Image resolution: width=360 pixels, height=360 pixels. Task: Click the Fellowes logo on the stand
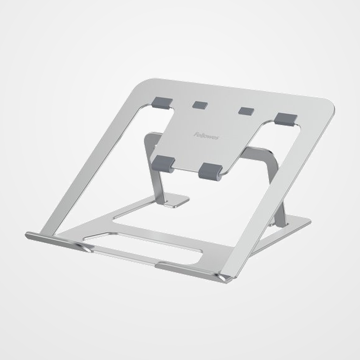206,136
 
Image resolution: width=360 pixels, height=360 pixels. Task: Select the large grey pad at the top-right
286,118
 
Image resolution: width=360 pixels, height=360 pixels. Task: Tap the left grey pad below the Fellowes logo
163,163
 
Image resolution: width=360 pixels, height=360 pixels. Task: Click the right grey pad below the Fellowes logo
210,171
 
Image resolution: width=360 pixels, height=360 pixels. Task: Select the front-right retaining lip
193,271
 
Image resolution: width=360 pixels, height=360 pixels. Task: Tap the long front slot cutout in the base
148,248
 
